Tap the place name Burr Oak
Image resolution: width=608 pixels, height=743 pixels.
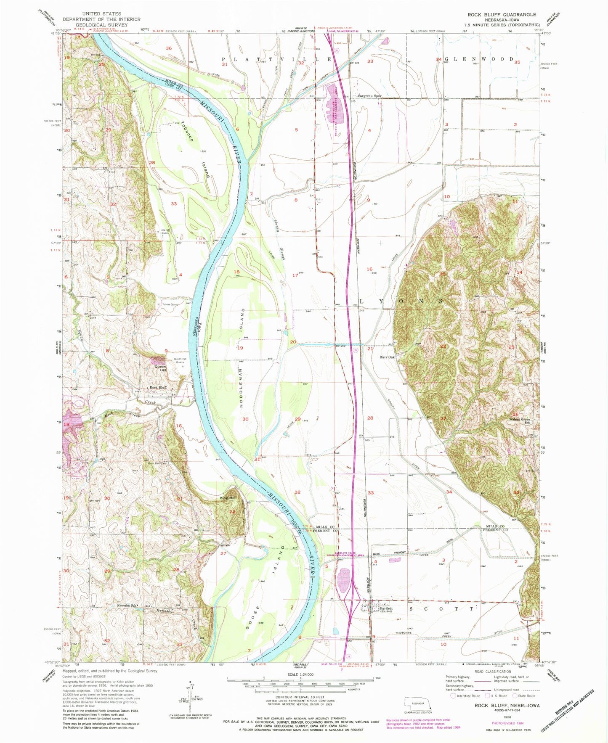(387, 357)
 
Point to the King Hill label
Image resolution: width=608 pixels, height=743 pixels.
(228, 498)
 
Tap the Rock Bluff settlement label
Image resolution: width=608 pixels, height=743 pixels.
(158, 388)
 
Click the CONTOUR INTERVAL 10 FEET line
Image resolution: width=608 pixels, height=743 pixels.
(300, 697)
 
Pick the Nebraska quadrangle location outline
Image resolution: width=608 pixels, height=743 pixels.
(415, 703)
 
